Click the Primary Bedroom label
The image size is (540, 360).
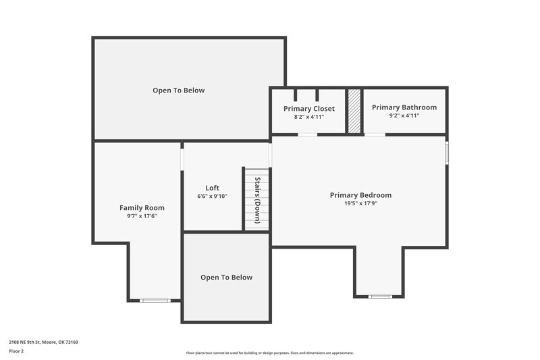pos(360,195)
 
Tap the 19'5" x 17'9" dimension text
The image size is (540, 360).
pos(360,203)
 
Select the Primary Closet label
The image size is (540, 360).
pos(309,109)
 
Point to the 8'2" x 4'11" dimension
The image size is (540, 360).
pos(309,117)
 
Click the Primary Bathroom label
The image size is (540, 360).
pos(404,107)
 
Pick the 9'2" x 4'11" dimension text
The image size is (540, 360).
pos(404,115)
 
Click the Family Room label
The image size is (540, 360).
pos(142,208)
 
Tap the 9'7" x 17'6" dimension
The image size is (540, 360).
pos(142,216)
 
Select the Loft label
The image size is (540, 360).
pos(213,188)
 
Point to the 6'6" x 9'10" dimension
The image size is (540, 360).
pos(213,197)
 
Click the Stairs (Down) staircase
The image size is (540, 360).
pos(257,200)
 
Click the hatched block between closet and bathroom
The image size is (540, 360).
pos(354,111)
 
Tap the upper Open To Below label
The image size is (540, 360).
pos(178,91)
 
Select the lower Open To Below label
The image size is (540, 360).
pos(227,278)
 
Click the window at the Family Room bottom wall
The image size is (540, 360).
pos(154,300)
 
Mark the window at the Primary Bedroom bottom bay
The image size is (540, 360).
pos(380,297)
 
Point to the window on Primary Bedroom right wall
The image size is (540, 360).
pos(447,151)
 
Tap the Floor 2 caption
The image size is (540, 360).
pos(16,351)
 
